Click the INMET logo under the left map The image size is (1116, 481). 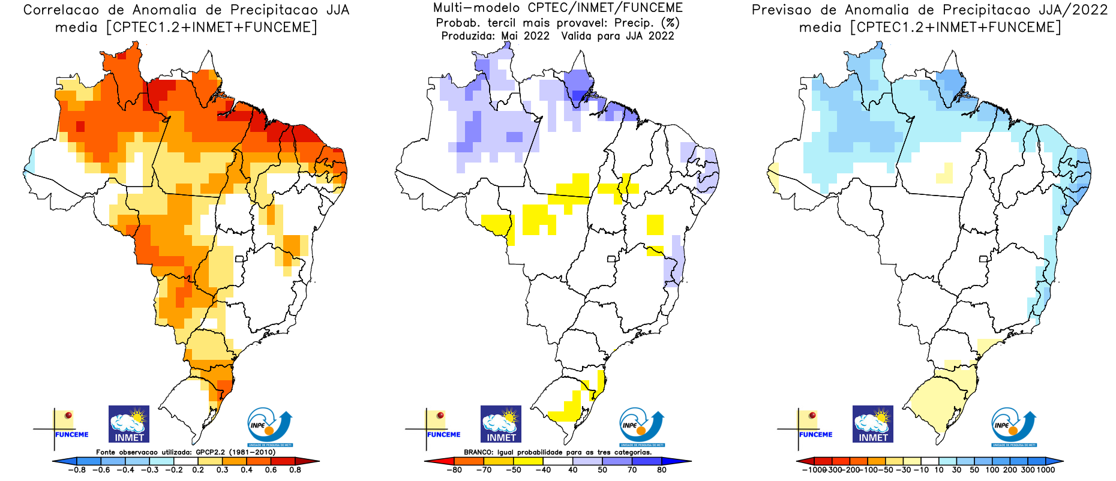point(129,424)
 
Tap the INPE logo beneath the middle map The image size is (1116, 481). point(641,426)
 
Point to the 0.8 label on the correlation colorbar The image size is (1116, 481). point(295,470)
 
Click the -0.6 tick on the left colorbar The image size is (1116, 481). point(103,470)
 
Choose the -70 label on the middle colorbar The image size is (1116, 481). point(484,470)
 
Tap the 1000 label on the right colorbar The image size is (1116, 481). point(1046,470)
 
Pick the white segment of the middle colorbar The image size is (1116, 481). point(558,461)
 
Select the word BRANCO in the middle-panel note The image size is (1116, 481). point(478,452)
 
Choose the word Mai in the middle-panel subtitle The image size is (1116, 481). point(509,36)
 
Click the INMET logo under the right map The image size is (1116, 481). point(873,424)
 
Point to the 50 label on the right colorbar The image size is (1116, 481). point(974,470)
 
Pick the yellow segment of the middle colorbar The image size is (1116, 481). point(529,461)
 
